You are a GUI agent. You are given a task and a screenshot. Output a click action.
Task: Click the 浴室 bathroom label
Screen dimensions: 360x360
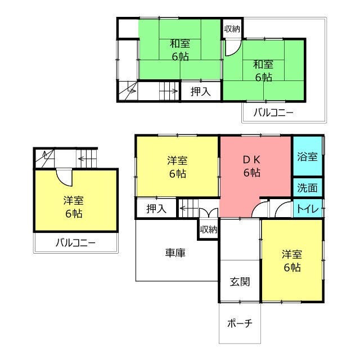pyautogui.click(x=307, y=157)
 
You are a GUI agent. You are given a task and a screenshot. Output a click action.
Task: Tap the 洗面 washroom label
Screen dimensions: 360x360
pyautogui.click(x=307, y=188)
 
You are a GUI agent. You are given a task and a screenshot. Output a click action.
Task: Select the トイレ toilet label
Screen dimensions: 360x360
pyautogui.click(x=308, y=209)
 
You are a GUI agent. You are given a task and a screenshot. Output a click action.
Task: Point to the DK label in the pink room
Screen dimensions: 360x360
pyautogui.click(x=251, y=160)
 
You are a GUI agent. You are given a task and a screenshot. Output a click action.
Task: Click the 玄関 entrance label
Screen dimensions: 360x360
pyautogui.click(x=240, y=282)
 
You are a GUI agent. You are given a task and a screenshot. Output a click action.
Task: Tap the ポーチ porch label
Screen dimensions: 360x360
pyautogui.click(x=240, y=323)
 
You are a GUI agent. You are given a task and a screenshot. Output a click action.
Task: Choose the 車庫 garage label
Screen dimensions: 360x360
pyautogui.click(x=175, y=253)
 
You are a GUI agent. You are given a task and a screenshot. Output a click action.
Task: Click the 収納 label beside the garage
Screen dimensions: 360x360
pyautogui.click(x=209, y=229)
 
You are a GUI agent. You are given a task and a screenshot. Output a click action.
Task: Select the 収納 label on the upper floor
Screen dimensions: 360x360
pyautogui.click(x=232, y=29)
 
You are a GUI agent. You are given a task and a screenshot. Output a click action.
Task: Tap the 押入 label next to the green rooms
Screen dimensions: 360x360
pyautogui.click(x=201, y=92)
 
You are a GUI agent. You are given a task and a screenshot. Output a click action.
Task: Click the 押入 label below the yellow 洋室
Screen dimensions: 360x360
pyautogui.click(x=156, y=209)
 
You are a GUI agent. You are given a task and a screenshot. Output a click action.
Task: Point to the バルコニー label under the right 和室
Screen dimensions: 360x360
pyautogui.click(x=273, y=112)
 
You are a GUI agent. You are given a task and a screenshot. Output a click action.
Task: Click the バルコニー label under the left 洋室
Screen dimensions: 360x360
pyautogui.click(x=75, y=242)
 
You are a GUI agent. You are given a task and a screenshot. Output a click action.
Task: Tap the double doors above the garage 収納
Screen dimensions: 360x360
pyautogui.click(x=209, y=213)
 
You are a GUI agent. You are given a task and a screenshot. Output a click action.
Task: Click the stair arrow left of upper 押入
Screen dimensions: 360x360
pyautogui.click(x=169, y=91)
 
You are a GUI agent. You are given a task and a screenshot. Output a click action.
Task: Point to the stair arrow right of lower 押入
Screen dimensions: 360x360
pyautogui.click(x=189, y=209)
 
